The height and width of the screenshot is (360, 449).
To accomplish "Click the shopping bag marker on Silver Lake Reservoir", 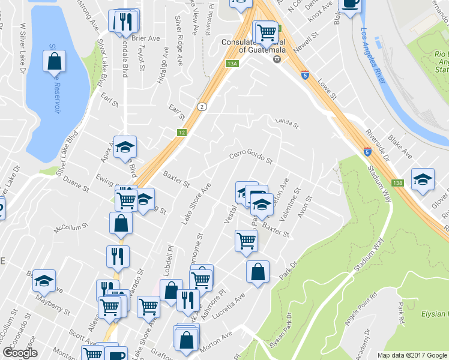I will (54, 61).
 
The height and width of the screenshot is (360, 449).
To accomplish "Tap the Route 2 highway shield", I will (203, 107).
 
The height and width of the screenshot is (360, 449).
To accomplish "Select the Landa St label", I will (287, 123).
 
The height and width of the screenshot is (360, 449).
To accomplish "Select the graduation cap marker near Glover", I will (423, 179).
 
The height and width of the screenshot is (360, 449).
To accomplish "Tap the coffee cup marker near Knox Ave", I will (350, 4).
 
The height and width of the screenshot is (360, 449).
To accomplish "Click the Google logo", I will (20, 353).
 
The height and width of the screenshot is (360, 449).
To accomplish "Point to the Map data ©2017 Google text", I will (412, 355).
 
